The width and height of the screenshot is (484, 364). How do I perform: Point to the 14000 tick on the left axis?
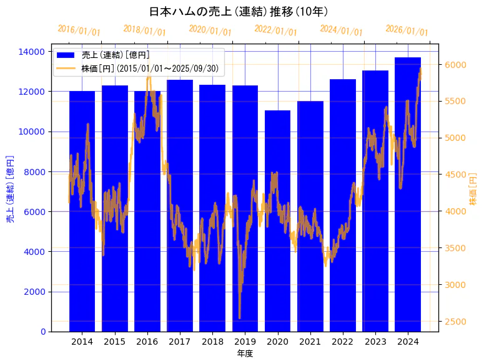(x=32, y=51)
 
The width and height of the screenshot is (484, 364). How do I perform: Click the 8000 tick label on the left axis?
(x=35, y=171)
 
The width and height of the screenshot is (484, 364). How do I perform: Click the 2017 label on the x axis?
(x=180, y=342)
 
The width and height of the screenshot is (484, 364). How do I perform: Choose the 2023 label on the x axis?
(x=375, y=342)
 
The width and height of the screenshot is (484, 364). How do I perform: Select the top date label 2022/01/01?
(x=275, y=31)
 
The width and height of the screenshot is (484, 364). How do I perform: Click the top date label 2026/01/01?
(x=407, y=31)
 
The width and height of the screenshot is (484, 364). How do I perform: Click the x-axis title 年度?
(x=245, y=353)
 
